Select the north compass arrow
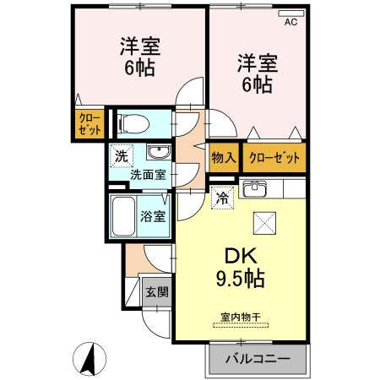click(x=86, y=358)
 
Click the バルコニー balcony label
click(x=257, y=357)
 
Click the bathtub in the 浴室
click(x=123, y=218)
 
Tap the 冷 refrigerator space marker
click(x=222, y=199)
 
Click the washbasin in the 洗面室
click(x=158, y=153)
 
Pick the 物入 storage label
click(x=224, y=158)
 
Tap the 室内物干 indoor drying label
click(x=241, y=317)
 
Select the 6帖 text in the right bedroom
click(x=257, y=84)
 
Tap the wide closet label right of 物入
click(x=274, y=158)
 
